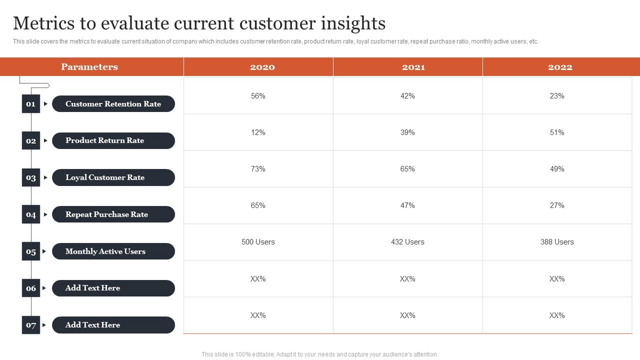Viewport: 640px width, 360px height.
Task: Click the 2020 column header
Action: point(262,67)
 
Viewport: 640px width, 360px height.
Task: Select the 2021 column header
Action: point(413,67)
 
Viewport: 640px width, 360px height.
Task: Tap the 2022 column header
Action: point(560,67)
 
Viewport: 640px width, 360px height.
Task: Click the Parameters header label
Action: point(89,67)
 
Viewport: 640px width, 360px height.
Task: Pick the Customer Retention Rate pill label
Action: point(113,104)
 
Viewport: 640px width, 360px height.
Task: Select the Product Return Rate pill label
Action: point(113,140)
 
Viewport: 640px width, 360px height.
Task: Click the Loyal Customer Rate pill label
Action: point(113,177)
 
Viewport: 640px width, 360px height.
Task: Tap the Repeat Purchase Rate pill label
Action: point(113,214)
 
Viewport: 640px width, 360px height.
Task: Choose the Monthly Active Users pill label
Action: point(113,251)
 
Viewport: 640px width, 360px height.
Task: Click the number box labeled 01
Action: point(31,104)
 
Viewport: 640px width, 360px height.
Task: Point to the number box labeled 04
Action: point(31,214)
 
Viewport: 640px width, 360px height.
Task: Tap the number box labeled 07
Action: point(31,325)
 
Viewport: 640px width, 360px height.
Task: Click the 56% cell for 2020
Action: point(258,96)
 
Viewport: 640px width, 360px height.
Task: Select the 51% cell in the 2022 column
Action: point(557,132)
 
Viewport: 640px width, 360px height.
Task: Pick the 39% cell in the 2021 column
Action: point(407,132)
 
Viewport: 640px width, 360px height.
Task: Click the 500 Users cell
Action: point(258,242)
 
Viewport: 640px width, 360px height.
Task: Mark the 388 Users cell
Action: point(557,242)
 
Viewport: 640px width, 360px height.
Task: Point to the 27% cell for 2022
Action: point(557,205)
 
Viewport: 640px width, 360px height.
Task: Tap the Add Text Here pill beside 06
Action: point(113,288)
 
